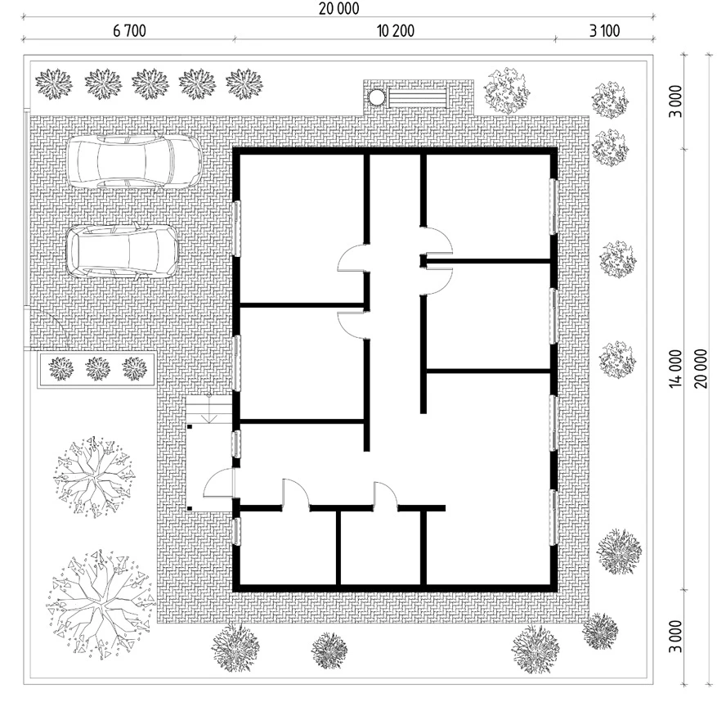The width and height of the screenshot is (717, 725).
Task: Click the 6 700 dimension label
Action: [x=129, y=31]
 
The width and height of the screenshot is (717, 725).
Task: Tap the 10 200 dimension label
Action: [x=396, y=31]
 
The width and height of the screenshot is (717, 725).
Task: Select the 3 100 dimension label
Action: [x=604, y=31]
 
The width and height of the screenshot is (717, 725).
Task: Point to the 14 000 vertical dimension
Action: [x=675, y=368]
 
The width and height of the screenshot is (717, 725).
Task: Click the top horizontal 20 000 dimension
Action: [x=338, y=8]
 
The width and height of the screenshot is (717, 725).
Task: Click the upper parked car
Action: [x=134, y=161]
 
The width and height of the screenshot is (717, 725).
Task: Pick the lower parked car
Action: [x=123, y=252]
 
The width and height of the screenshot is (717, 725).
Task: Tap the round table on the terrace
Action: [x=376, y=97]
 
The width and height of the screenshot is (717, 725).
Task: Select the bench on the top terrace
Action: [x=418, y=98]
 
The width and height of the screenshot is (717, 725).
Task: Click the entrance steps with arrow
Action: [x=209, y=409]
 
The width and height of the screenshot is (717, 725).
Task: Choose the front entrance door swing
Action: [x=219, y=484]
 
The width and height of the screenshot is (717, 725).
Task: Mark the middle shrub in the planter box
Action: [x=98, y=368]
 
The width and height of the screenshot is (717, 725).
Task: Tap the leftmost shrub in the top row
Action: [x=54, y=83]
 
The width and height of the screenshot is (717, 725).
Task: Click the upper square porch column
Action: [x=190, y=427]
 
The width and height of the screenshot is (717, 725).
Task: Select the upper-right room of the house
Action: [x=488, y=207]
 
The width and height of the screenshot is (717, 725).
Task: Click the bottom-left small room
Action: [x=288, y=548]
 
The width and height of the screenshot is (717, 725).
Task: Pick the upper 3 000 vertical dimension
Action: [x=675, y=101]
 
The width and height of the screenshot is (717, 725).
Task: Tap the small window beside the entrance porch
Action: [x=235, y=444]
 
